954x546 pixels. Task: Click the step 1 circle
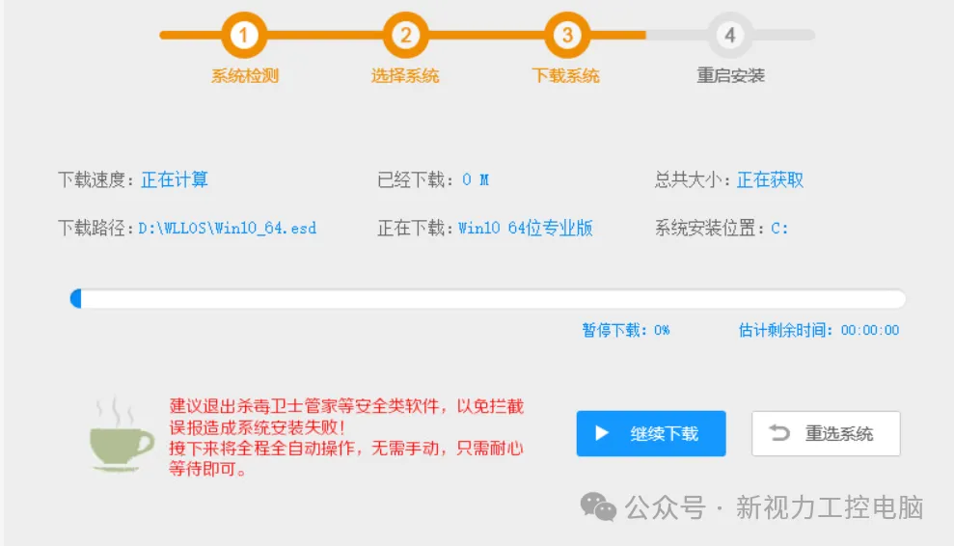tap(244, 36)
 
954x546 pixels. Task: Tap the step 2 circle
tap(405, 36)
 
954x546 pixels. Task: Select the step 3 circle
tap(566, 36)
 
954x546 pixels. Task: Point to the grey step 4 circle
tap(729, 36)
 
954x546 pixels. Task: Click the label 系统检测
tap(245, 75)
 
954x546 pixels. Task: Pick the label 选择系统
tap(405, 75)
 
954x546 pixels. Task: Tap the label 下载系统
tap(566, 75)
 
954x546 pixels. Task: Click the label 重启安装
tap(730, 75)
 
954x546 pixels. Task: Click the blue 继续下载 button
tap(651, 434)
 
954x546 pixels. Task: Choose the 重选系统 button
tap(826, 434)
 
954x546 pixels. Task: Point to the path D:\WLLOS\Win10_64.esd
tap(228, 229)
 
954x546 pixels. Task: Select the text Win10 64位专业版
tap(526, 229)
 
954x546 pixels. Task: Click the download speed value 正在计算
tap(175, 179)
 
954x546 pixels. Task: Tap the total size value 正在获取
tap(770, 179)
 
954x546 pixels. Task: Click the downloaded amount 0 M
tap(476, 179)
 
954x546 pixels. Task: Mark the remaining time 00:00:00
tap(870, 330)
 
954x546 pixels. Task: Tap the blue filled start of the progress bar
tap(76, 299)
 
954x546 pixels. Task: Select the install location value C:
tap(779, 229)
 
